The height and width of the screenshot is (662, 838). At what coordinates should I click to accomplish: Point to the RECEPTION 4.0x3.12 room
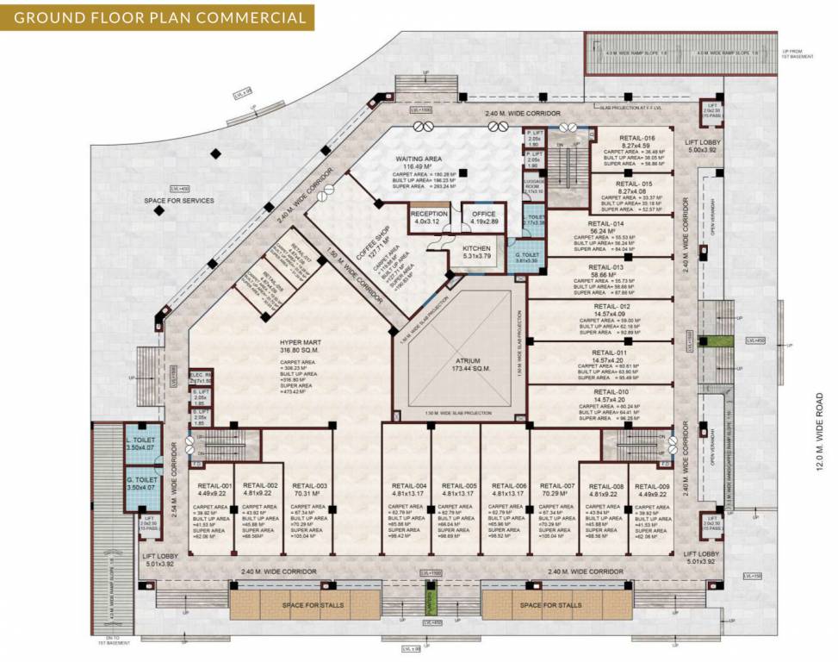click(x=429, y=217)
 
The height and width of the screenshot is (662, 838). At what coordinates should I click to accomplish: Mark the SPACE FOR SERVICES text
click(x=180, y=201)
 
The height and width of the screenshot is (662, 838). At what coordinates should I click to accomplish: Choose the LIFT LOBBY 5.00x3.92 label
click(x=704, y=145)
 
